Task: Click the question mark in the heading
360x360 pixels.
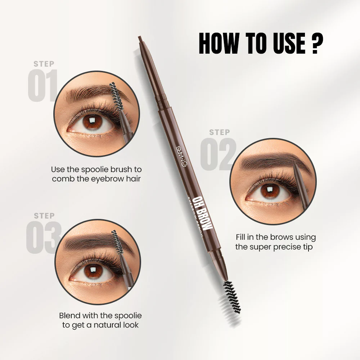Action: click(315, 44)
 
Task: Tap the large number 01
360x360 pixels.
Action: click(42, 86)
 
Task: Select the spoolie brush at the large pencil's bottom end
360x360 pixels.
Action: click(231, 297)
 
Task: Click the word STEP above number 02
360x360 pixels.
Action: click(220, 132)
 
